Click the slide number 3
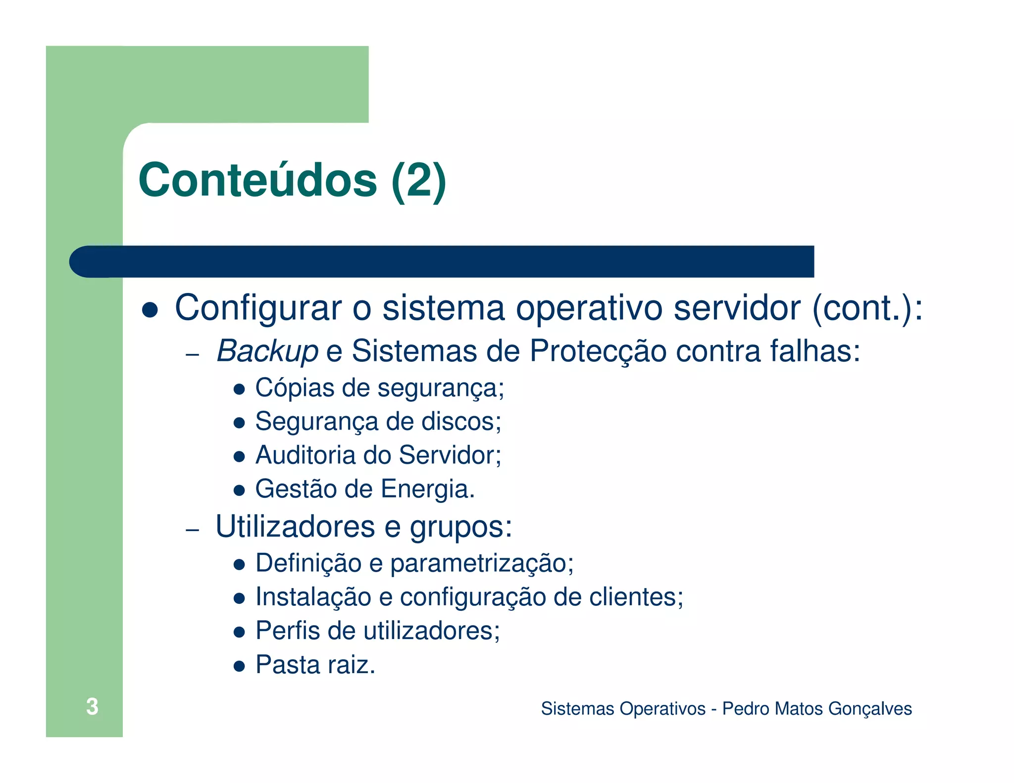[x=92, y=706]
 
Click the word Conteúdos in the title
[x=258, y=180]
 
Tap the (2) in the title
[x=418, y=180]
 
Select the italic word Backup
[x=267, y=351]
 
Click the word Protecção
[x=598, y=351]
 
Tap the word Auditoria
[x=305, y=455]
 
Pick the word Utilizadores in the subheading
[x=295, y=526]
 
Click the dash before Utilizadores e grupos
[x=192, y=530]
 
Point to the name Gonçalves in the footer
[x=870, y=709]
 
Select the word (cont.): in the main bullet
[x=867, y=308]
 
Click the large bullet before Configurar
[x=150, y=310]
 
